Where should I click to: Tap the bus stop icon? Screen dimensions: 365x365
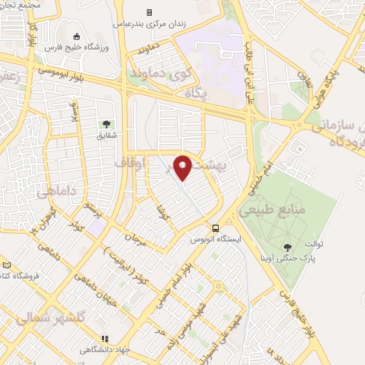[215, 228]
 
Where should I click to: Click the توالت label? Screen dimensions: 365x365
[310, 244]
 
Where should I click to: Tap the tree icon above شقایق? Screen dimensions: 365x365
[106, 124]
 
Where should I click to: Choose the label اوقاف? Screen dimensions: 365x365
[130, 164]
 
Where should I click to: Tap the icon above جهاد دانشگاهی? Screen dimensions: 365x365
[106, 339]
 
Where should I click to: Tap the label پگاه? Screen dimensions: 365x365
[194, 93]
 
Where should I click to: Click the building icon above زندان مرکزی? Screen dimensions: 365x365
[149, 12]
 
